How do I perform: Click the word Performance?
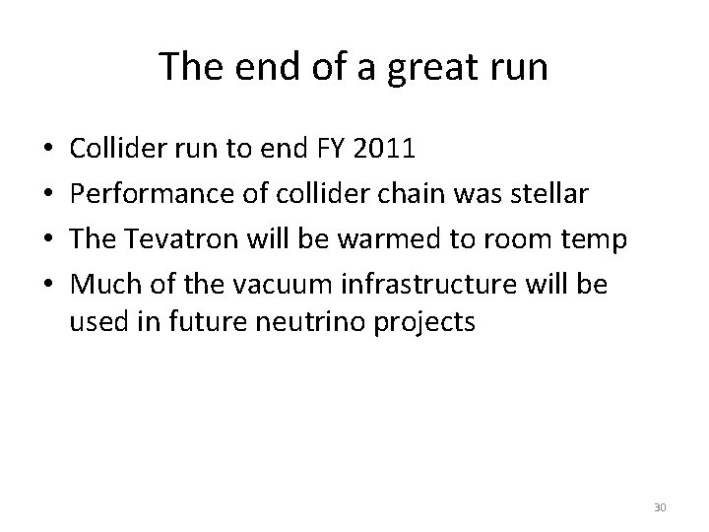point(145,194)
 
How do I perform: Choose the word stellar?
point(554,194)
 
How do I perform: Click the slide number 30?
point(658,507)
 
